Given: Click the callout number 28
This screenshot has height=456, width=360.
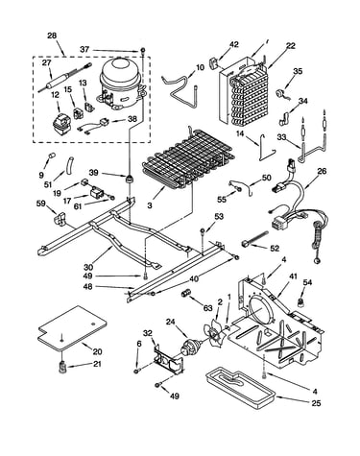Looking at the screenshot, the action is (x=52, y=36).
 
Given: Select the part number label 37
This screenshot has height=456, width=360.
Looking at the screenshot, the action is (x=84, y=49).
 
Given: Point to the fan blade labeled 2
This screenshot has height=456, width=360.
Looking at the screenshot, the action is (x=215, y=332).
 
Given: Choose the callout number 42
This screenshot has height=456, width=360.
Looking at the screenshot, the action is (x=234, y=44).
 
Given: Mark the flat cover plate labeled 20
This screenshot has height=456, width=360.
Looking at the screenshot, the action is (x=72, y=328).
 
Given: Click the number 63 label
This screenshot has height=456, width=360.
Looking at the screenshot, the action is (x=207, y=308).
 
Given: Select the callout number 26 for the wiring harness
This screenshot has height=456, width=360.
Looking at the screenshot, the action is (x=322, y=172).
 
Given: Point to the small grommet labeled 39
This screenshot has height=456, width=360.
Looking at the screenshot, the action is (x=130, y=179).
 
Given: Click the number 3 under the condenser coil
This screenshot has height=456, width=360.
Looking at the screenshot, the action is (x=150, y=205).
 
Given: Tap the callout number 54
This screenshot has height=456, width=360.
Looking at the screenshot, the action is (x=307, y=282).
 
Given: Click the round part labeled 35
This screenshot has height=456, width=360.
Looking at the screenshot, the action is (x=281, y=93).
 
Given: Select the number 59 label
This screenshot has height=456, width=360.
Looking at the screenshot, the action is (x=41, y=203).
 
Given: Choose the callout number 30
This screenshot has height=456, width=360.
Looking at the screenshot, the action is (x=88, y=267).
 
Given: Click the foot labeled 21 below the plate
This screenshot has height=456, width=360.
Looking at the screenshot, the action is (x=62, y=367).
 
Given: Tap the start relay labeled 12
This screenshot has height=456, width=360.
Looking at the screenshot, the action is (x=62, y=125).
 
